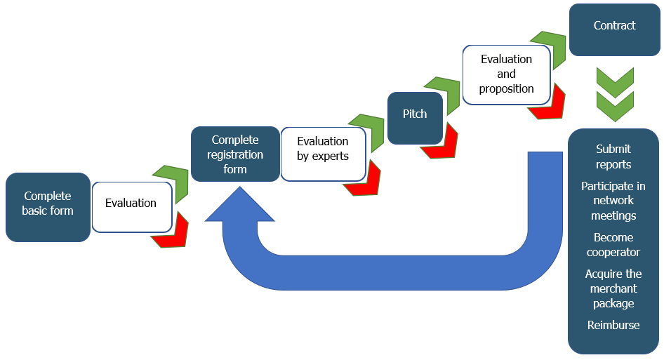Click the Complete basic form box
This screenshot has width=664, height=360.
[x=48, y=207]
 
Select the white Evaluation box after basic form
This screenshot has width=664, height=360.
[x=132, y=207]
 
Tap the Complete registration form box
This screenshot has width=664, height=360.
[x=235, y=154]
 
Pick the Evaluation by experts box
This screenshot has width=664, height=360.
[x=323, y=154]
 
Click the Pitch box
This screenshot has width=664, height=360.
[x=415, y=118]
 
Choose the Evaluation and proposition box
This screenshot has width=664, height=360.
[x=507, y=75]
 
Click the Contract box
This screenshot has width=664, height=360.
[x=614, y=29]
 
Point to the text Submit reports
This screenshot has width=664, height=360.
[x=613, y=156]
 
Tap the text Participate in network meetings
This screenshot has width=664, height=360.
[x=613, y=201]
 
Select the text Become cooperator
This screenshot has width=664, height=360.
[x=613, y=245]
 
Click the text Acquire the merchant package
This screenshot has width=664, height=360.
[x=613, y=289]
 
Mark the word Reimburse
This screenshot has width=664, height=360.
[x=613, y=326]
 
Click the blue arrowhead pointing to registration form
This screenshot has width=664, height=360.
[x=239, y=204]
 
